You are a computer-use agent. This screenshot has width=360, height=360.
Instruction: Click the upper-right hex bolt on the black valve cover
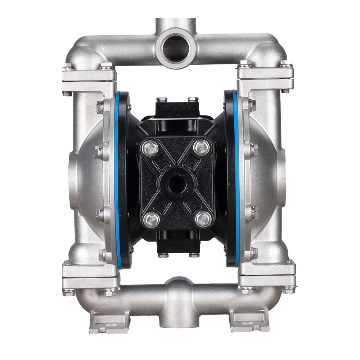tap(201, 147)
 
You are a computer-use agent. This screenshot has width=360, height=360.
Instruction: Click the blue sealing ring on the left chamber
tap(117, 180)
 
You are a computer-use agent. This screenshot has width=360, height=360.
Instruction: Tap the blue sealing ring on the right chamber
tap(237, 180)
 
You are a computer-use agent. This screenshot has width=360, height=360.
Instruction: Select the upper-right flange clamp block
tap(265, 78)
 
